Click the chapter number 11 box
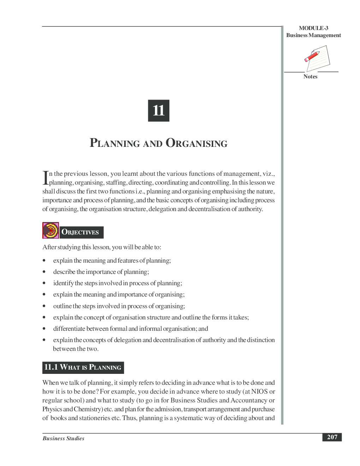158,110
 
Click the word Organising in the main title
197,143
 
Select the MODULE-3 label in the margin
313,28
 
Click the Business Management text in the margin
313,35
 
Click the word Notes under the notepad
310,77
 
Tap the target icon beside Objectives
50,231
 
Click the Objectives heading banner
81,232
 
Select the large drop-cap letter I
45,178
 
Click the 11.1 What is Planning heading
83,368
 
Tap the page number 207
332,437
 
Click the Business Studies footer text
64,438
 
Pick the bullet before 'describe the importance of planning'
44,272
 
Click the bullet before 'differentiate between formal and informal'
44,329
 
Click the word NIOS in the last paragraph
259,392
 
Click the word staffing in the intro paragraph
116,183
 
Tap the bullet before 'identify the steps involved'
44,283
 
